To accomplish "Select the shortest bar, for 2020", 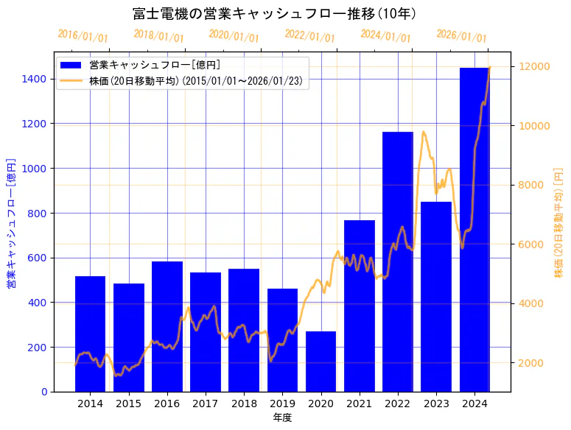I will [320, 362].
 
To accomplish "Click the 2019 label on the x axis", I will [282, 403].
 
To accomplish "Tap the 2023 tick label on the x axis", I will [436, 403].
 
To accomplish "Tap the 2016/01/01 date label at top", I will [83, 36].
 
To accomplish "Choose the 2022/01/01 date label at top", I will [309, 36].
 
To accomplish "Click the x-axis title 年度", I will [282, 417].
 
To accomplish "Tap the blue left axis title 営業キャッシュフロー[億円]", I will [11, 223].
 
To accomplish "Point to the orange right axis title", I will [558, 223].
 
